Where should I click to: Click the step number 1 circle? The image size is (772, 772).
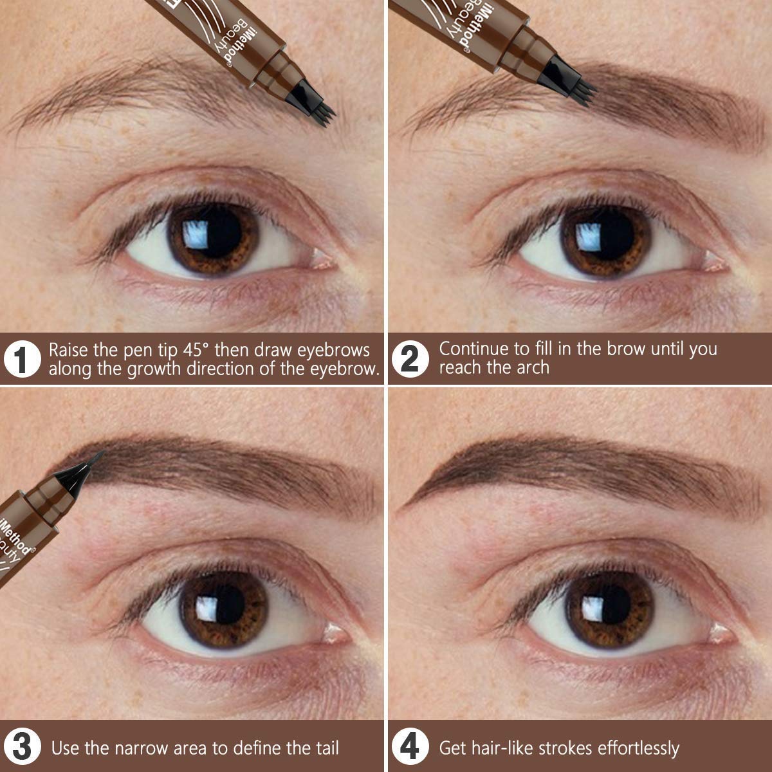pos(21,360)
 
